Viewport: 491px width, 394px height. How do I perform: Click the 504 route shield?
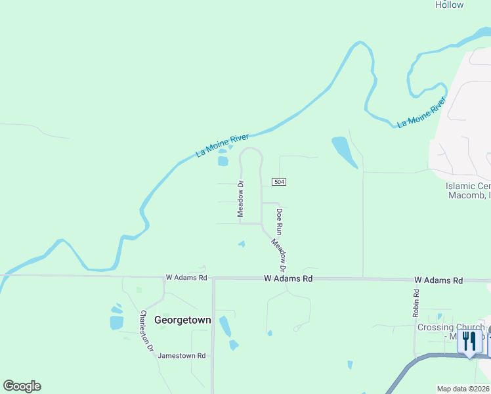[x=280, y=181]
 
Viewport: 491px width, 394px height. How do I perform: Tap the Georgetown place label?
[x=182, y=320]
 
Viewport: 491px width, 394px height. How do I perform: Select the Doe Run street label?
[x=279, y=221]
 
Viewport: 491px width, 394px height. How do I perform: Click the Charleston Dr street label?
[x=146, y=331]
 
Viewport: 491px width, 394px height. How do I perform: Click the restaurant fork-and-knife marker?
[x=469, y=342]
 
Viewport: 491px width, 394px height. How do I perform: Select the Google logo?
[x=22, y=386]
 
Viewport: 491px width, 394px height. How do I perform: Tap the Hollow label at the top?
[x=450, y=5]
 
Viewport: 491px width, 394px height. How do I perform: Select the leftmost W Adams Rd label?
[x=186, y=278]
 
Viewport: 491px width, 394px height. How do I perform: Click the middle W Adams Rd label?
[x=288, y=278]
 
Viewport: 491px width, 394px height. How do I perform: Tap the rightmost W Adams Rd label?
[x=438, y=280]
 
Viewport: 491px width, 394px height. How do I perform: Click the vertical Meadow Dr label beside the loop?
[x=240, y=199]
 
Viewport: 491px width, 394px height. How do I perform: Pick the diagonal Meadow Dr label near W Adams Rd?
[x=280, y=255]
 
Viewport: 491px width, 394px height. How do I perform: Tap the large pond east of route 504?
[x=344, y=151]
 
